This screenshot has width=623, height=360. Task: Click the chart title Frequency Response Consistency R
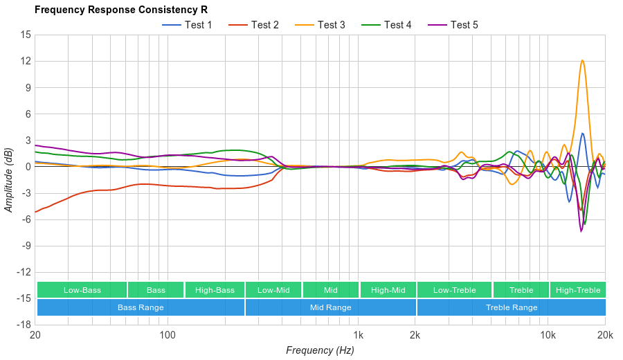(121, 10)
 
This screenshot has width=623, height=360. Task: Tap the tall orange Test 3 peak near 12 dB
(582, 60)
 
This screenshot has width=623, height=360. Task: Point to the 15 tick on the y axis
(25, 35)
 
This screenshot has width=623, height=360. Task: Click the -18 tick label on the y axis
(24, 325)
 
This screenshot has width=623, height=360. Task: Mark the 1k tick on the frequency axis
(358, 336)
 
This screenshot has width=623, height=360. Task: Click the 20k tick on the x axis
(604, 336)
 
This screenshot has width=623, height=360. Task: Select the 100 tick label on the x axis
(167, 336)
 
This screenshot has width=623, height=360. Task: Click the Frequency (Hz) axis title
(320, 350)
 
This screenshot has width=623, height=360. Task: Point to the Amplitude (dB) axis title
(9, 179)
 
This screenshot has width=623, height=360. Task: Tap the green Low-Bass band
(82, 290)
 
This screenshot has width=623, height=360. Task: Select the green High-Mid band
(388, 290)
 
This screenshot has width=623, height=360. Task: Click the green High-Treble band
(578, 290)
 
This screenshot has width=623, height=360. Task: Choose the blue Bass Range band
(141, 307)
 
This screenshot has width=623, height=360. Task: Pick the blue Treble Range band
(511, 307)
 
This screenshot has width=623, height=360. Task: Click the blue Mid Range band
(330, 307)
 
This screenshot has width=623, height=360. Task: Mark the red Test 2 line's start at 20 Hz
(36, 212)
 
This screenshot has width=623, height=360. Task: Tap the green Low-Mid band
(273, 290)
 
